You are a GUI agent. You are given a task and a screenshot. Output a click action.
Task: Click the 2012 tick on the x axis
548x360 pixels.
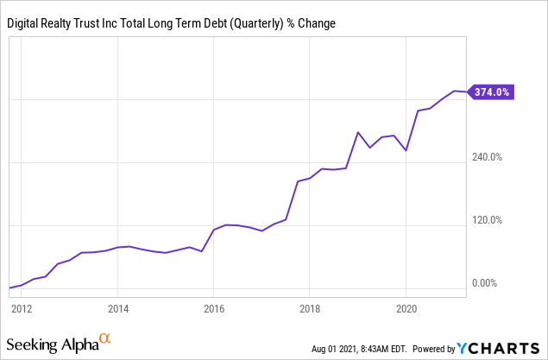coord(22,307)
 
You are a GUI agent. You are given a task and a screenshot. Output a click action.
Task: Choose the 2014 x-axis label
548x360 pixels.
coord(118,307)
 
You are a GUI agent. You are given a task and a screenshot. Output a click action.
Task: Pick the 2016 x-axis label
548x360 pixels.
coord(214,307)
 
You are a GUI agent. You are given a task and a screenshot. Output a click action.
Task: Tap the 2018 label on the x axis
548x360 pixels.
coord(310,307)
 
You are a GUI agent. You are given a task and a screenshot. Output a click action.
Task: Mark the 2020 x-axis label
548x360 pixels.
coord(406,307)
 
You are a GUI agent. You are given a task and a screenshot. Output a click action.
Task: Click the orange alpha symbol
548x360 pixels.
coord(105,338)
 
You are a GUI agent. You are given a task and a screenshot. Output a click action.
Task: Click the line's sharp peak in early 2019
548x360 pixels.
coord(357,132)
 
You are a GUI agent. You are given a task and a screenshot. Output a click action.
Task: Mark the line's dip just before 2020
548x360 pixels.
coord(406,150)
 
